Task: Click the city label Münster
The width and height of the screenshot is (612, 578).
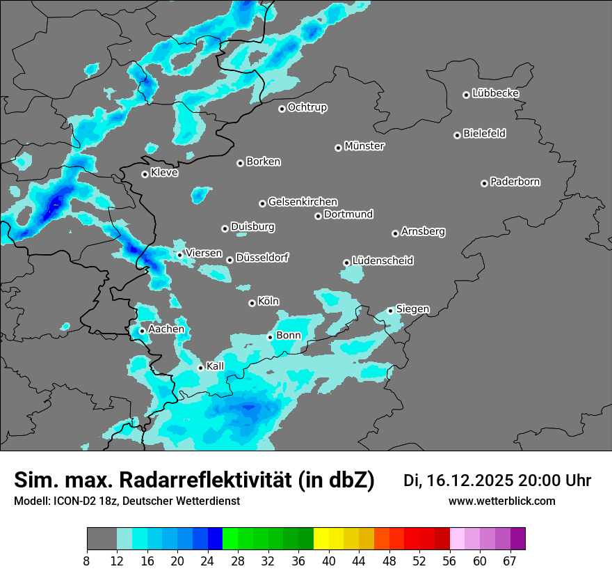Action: click(x=364, y=146)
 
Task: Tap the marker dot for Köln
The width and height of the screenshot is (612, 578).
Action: click(x=252, y=303)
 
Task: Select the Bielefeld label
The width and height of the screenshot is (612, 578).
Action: click(x=484, y=134)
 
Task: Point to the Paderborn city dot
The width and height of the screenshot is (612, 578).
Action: click(x=484, y=183)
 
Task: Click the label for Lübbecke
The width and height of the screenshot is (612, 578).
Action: click(x=495, y=93)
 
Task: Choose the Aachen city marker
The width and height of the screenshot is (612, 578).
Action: click(x=142, y=331)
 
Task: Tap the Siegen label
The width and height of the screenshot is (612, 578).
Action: click(x=412, y=308)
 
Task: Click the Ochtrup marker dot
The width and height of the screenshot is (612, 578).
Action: click(x=282, y=109)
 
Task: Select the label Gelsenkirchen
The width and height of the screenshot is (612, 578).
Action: click(x=303, y=202)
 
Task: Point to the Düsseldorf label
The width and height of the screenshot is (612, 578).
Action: click(x=262, y=258)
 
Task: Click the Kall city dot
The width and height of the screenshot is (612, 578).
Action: click(x=200, y=368)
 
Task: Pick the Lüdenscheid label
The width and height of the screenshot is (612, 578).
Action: click(x=382, y=261)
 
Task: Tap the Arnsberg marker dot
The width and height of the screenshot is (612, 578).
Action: click(x=395, y=233)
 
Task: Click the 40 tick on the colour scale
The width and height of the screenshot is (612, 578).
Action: click(x=329, y=561)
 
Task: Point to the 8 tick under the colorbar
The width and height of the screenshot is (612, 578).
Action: click(x=87, y=561)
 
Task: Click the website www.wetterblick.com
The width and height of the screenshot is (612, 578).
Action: click(x=501, y=501)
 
